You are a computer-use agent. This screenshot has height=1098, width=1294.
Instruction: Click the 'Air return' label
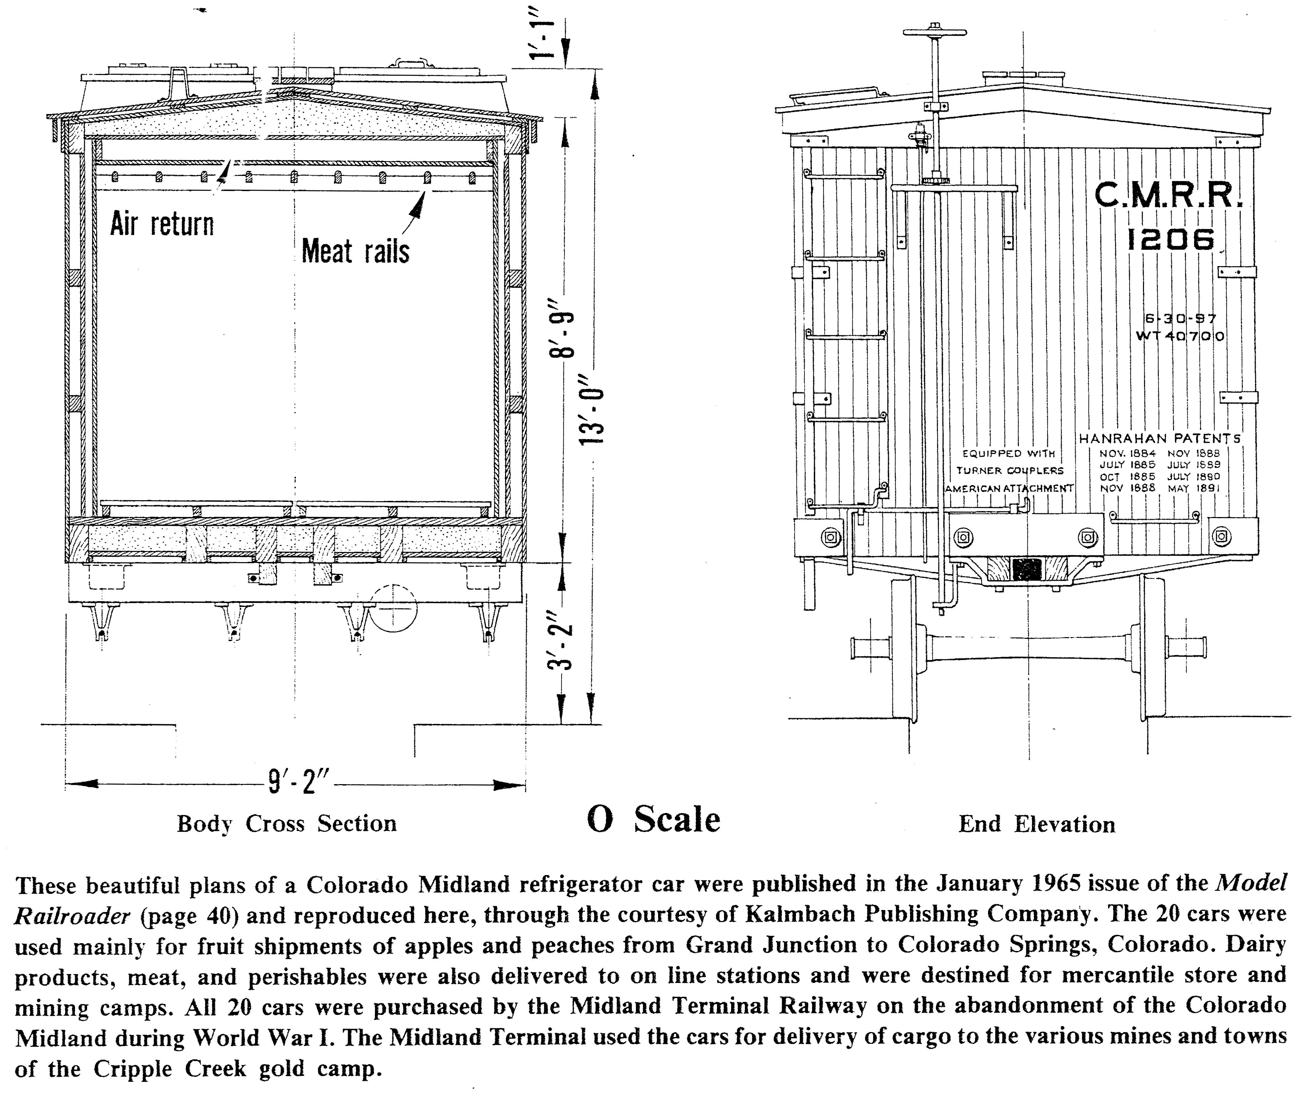pyautogui.click(x=162, y=224)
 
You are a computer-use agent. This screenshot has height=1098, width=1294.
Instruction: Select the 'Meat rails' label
pyautogui.click(x=355, y=252)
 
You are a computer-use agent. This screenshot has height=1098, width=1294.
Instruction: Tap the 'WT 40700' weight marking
pyautogui.click(x=1180, y=336)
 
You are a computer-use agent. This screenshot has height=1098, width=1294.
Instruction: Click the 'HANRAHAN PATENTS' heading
pyautogui.click(x=1159, y=439)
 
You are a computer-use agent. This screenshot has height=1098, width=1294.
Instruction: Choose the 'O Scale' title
pyautogui.click(x=653, y=820)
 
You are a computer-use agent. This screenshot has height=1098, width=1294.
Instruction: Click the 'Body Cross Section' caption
pyautogui.click(x=287, y=824)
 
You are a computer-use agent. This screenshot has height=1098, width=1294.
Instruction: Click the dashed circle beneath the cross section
pyautogui.click(x=393, y=608)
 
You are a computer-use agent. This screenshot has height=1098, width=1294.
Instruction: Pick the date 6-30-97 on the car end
pyautogui.click(x=1180, y=319)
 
